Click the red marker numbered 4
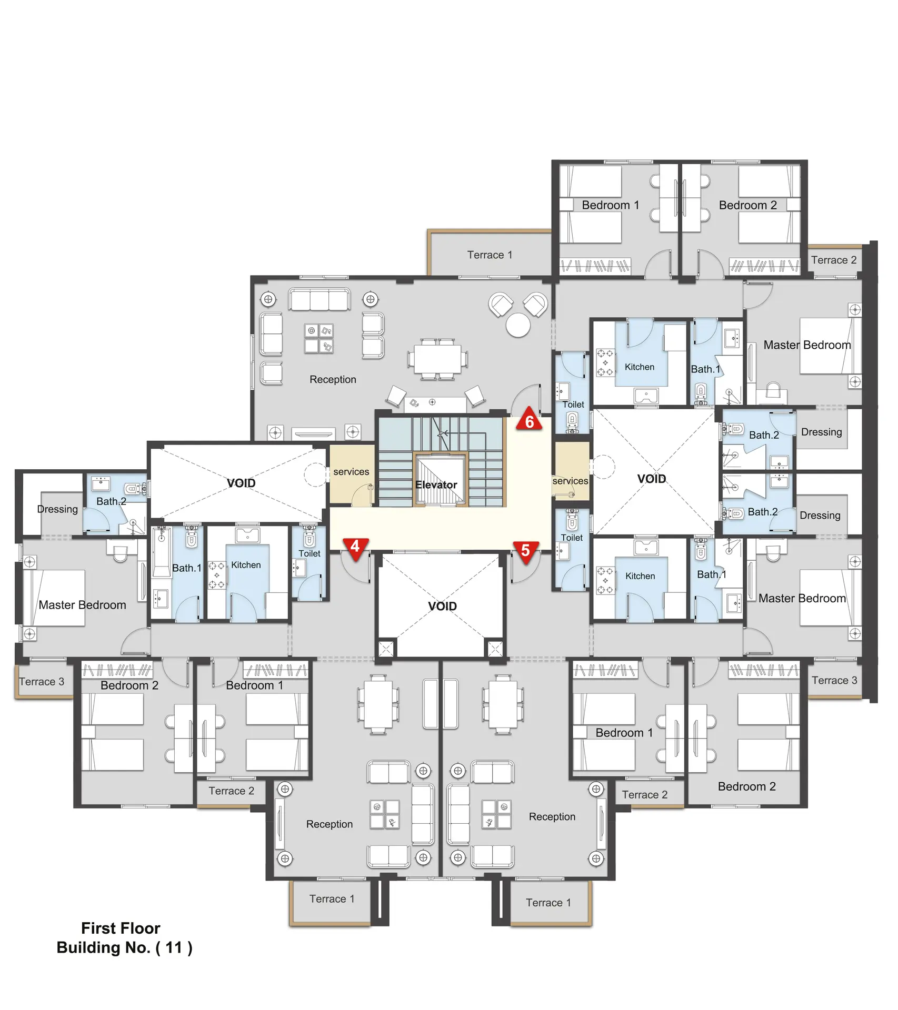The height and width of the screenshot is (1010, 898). [355, 548]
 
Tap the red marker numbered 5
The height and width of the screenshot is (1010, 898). [526, 552]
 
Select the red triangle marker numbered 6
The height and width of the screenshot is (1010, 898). [529, 419]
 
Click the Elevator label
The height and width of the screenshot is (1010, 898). [436, 485]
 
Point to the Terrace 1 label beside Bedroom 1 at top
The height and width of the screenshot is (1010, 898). [490, 255]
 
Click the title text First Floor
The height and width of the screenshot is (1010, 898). [121, 928]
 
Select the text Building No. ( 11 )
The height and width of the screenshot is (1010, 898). [124, 947]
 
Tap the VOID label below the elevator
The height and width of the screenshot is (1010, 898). [442, 607]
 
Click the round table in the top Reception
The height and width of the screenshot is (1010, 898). [518, 325]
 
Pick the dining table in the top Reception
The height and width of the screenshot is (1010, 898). [437, 359]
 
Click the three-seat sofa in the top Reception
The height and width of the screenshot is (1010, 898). [320, 299]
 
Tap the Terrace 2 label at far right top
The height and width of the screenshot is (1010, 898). [834, 260]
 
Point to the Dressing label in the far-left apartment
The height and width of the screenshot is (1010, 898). [57, 509]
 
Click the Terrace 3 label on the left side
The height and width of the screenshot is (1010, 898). [42, 682]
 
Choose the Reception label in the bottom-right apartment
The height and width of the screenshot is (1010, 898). [552, 816]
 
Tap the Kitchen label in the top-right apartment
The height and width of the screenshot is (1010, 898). [640, 367]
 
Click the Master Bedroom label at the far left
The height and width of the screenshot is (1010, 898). [82, 605]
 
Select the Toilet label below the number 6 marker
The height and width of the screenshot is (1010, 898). [573, 405]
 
